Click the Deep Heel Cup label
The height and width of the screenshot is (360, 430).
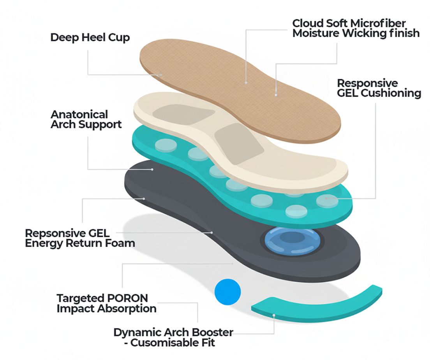[90, 38]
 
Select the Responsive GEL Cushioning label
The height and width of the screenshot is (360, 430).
[379, 88]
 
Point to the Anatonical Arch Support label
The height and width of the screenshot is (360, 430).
[86, 119]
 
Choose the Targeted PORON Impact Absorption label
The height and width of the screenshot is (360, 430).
[106, 304]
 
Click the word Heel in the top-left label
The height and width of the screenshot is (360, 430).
[90, 38]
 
